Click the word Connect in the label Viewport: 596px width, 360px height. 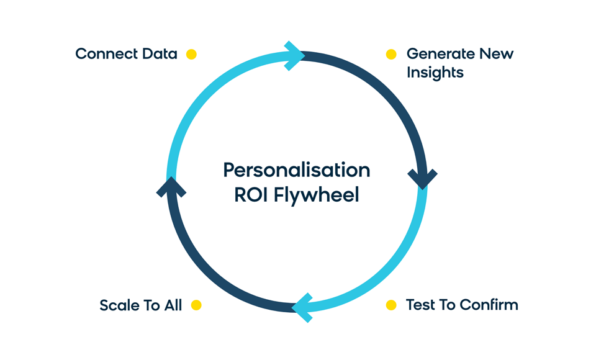pyautogui.click(x=106, y=54)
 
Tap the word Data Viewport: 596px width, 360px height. pyautogui.click(x=160, y=54)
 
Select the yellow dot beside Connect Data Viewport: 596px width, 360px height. pyautogui.click(x=191, y=55)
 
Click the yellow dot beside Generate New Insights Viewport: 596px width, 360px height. pyautogui.click(x=391, y=55)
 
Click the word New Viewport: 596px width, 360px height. pyautogui.click(x=497, y=54)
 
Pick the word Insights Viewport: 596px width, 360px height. pyautogui.click(x=435, y=73)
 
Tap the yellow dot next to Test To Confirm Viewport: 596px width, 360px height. pyautogui.click(x=391, y=305)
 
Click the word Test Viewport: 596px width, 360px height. pyautogui.click(x=419, y=305)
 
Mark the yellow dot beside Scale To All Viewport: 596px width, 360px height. pyautogui.click(x=196, y=305)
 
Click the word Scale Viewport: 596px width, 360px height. pyautogui.click(x=119, y=305)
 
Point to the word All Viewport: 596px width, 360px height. pyautogui.click(x=173, y=305)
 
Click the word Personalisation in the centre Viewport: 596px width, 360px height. pyautogui.click(x=297, y=170)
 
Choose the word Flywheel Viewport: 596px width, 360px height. pyautogui.click(x=316, y=196)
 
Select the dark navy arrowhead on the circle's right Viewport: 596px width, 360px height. pyautogui.click(x=423, y=179)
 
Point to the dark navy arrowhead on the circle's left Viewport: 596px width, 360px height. pyautogui.click(x=171, y=187)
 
